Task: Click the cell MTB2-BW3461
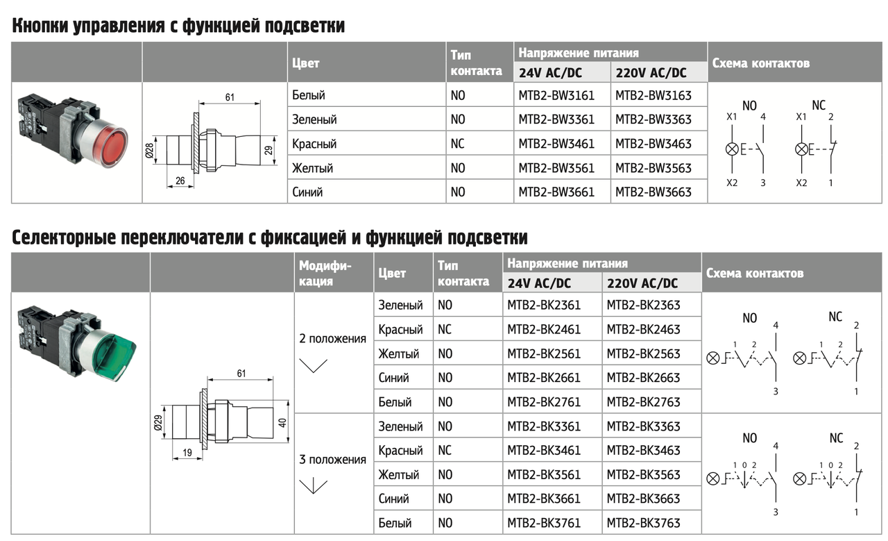[556, 143]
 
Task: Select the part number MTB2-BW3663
[654, 192]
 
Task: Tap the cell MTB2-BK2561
[544, 353]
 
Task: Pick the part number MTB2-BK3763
[643, 523]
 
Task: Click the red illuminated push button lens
[112, 146]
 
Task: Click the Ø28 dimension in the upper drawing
[149, 151]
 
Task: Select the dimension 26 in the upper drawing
[180, 181]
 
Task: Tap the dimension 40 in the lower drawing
[282, 423]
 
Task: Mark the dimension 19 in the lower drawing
[187, 453]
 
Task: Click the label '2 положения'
[332, 339]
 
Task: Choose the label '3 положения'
[332, 459]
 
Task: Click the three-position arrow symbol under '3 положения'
[313, 486]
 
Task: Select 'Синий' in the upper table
[307, 192]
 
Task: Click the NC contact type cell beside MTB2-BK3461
[445, 450]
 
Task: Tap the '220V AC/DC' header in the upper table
[651, 73]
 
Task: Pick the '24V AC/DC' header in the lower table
[539, 283]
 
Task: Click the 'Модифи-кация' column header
[325, 273]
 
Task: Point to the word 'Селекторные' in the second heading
[63, 238]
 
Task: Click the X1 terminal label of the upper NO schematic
[731, 117]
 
